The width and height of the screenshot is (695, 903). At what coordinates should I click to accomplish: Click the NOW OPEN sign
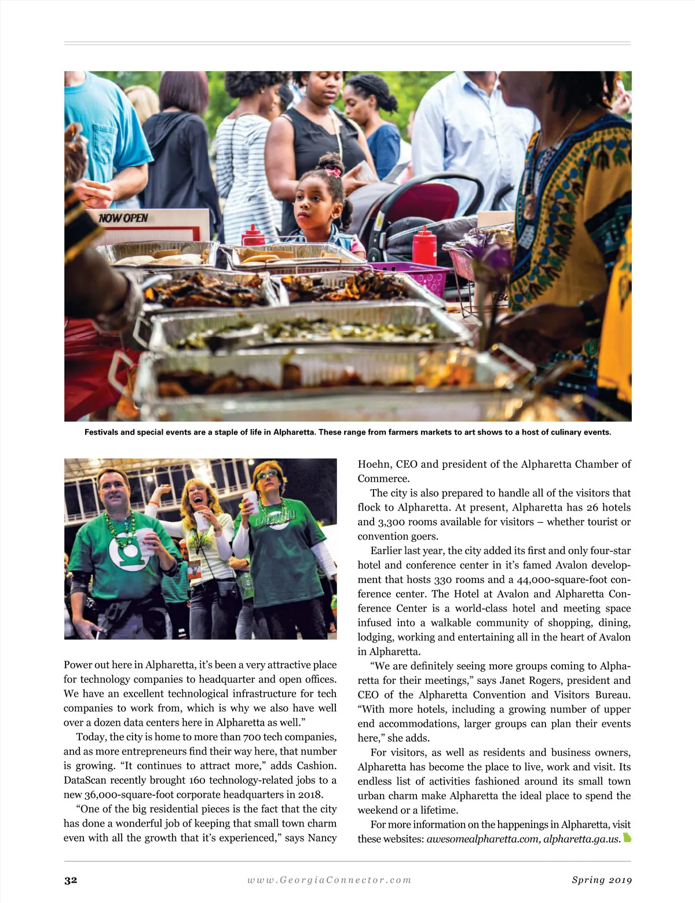pos(123,219)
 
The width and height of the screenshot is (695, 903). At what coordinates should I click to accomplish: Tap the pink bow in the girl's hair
pos(332,172)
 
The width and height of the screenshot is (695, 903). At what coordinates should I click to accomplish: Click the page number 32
pos(71,880)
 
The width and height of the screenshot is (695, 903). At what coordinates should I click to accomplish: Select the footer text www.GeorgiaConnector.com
pos(329,880)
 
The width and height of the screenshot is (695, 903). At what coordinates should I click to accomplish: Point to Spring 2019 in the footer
pos(602,880)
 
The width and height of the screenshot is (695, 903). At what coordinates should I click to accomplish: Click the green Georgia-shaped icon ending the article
pos(627,838)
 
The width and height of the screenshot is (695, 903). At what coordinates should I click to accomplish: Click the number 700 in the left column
pos(253,737)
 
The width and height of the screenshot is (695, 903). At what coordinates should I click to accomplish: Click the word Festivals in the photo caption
pos(101,432)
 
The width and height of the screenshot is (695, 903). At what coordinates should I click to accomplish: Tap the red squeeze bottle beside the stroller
pos(425,246)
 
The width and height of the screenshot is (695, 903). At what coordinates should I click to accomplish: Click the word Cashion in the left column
pos(315,766)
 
